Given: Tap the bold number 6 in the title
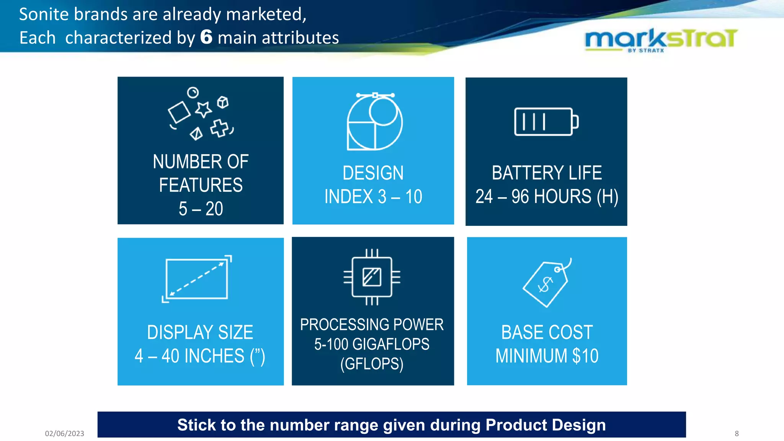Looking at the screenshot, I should pyautogui.click(x=206, y=37).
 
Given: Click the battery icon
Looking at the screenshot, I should pyautogui.click(x=546, y=122).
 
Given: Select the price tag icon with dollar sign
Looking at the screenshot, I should pyautogui.click(x=547, y=283).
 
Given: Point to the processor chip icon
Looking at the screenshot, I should pyautogui.click(x=372, y=277).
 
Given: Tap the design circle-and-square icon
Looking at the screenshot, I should pyautogui.click(x=374, y=122).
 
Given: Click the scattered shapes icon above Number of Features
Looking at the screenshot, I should pyautogui.click(x=201, y=114).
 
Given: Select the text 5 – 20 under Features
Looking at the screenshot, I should pyautogui.click(x=201, y=209).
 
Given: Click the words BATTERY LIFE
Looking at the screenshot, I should pyautogui.click(x=547, y=173).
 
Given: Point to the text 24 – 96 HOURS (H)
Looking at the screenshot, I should pyautogui.click(x=547, y=197).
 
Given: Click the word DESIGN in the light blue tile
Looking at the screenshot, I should pyautogui.click(x=373, y=173).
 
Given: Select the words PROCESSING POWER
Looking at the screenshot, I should pyautogui.click(x=372, y=325).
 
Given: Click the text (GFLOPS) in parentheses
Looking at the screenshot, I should pyautogui.click(x=372, y=364).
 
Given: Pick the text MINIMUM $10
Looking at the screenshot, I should pyautogui.click(x=547, y=356).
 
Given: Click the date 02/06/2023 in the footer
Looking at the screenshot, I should pyautogui.click(x=64, y=433).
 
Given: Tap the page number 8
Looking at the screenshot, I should pyautogui.click(x=737, y=433).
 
